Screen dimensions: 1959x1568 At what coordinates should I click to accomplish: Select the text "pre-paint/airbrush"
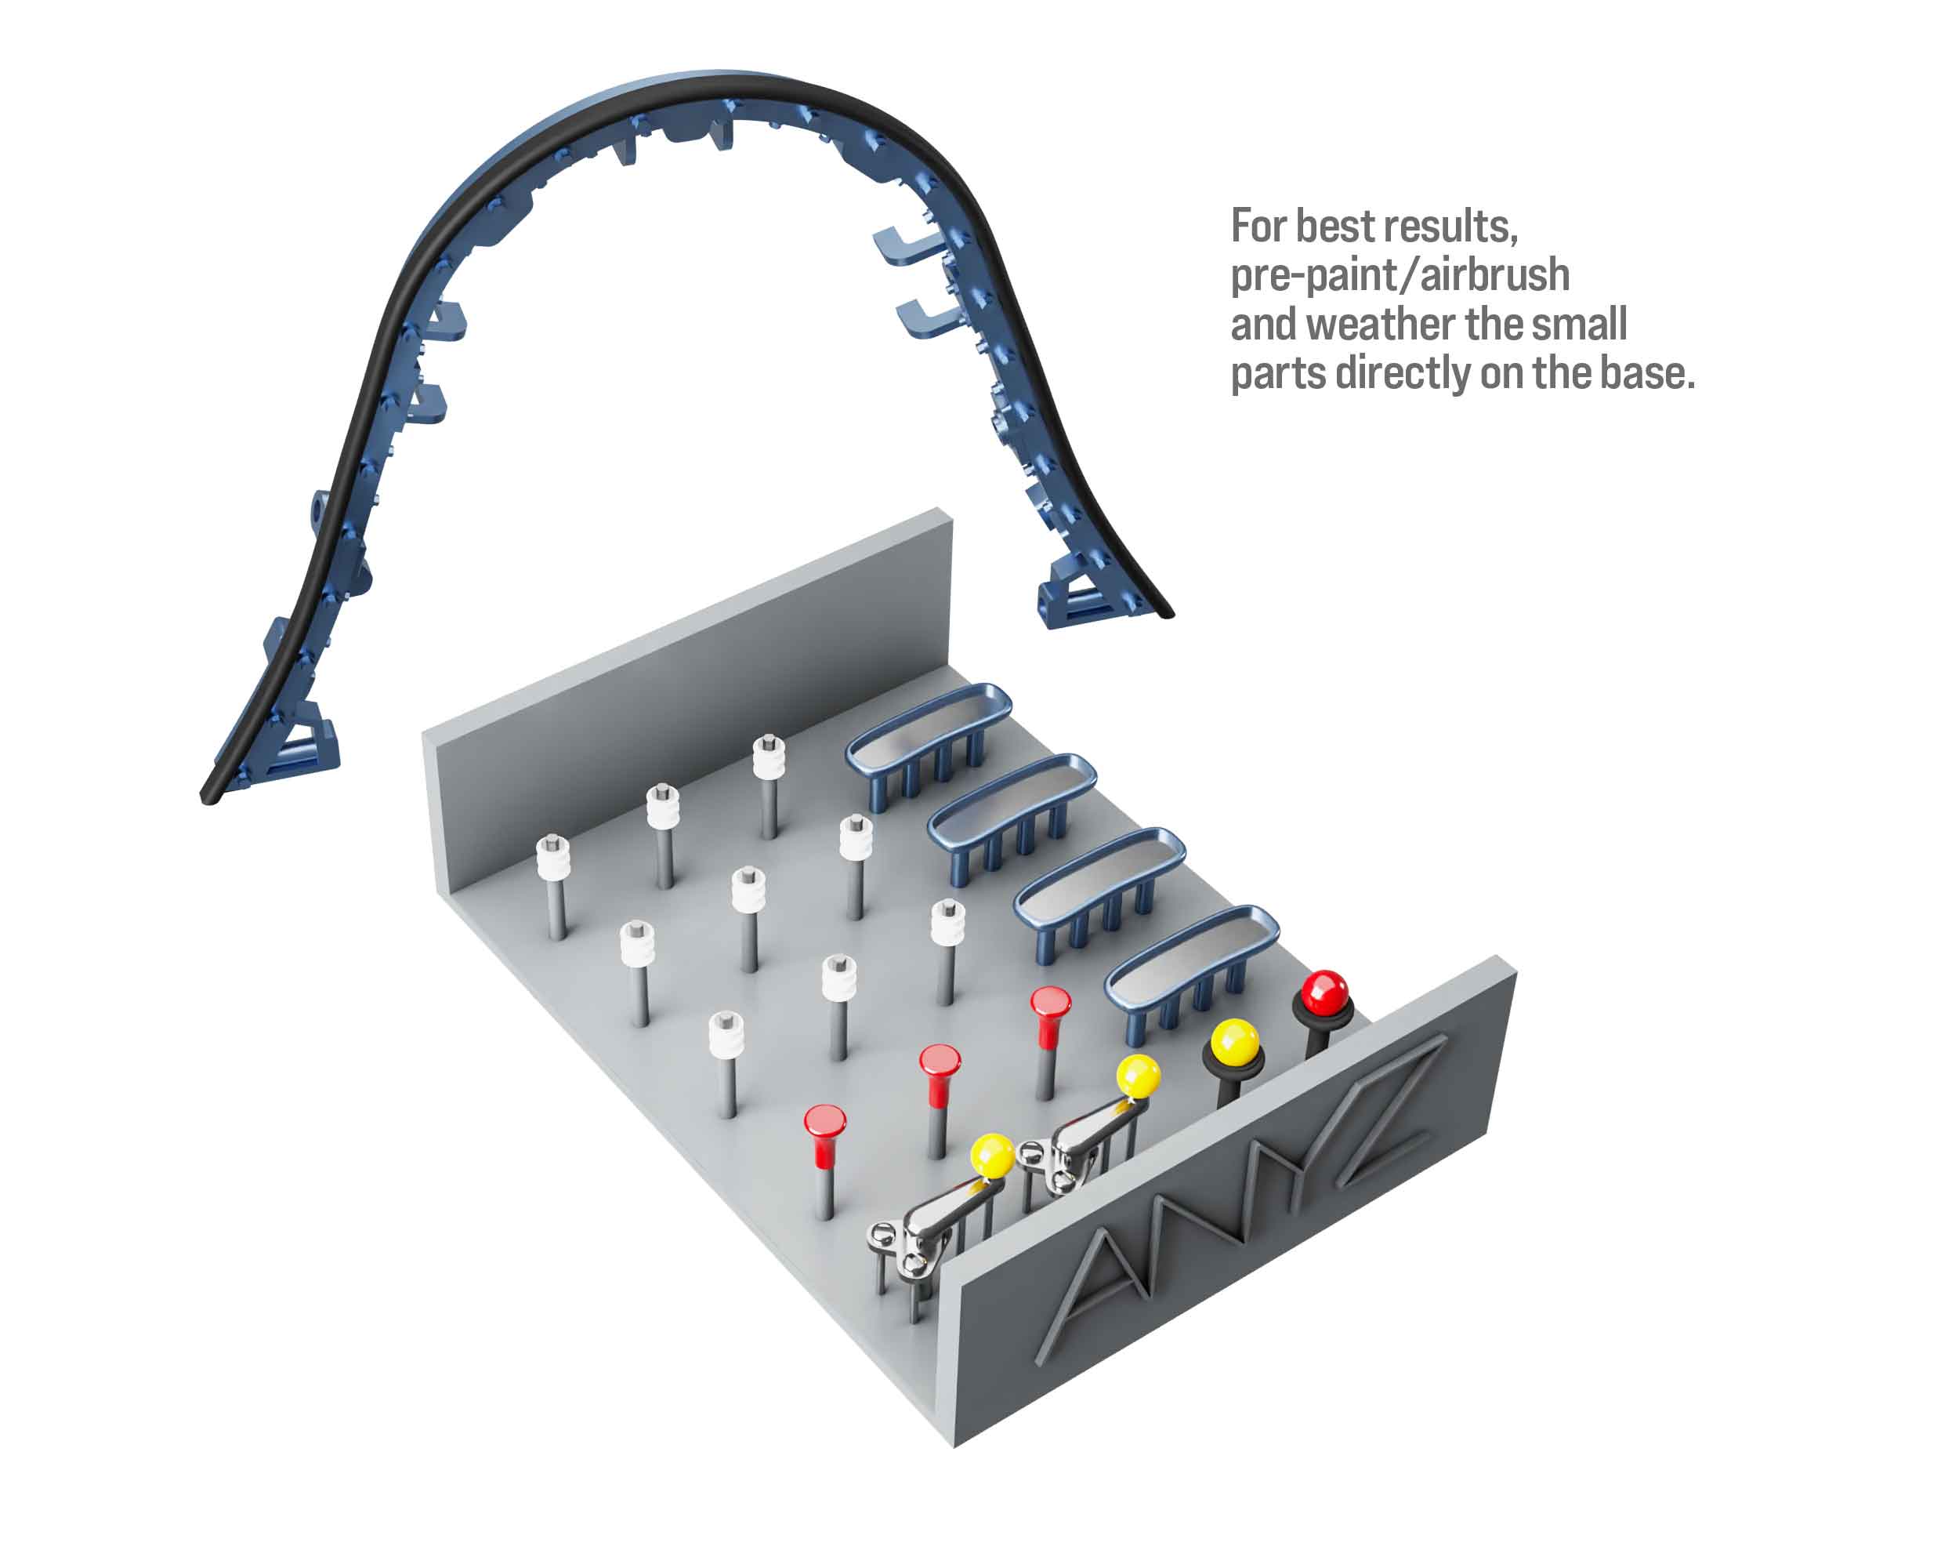pyautogui.click(x=1400, y=275)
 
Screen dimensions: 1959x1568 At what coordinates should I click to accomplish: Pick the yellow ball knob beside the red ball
pyautogui.click(x=1234, y=1041)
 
